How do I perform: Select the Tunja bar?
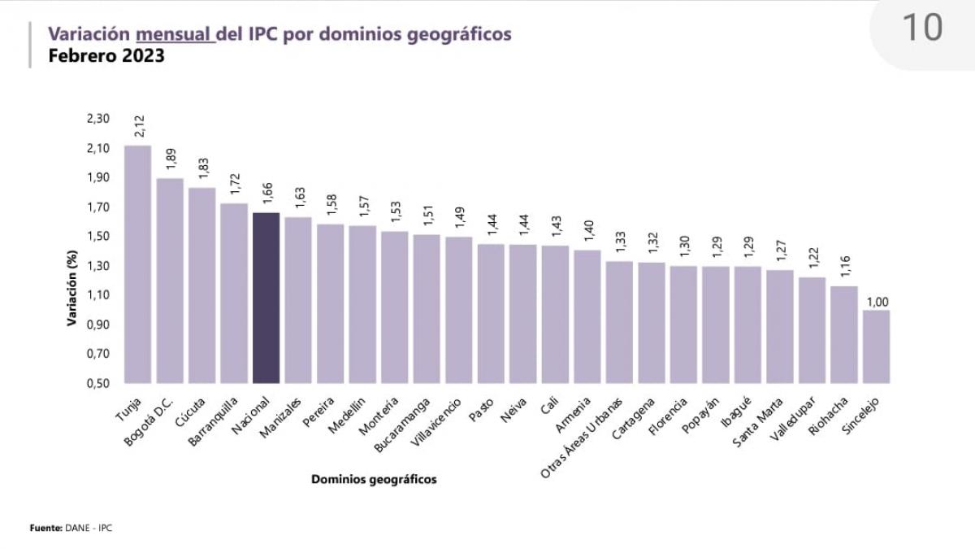click(x=137, y=264)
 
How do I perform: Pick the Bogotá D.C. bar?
click(x=170, y=281)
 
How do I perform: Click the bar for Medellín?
click(x=362, y=304)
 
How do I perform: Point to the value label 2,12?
click(x=139, y=126)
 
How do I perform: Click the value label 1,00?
click(x=877, y=303)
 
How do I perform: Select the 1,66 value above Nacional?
click(x=267, y=193)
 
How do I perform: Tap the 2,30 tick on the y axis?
click(x=97, y=119)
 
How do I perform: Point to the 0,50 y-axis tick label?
click(x=97, y=383)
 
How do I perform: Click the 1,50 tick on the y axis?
click(x=97, y=237)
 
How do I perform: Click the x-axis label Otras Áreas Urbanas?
click(x=582, y=437)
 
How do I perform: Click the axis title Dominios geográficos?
click(x=374, y=480)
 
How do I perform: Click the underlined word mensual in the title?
click(x=175, y=34)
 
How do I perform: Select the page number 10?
click(x=922, y=28)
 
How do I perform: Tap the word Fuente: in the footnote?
click(x=46, y=529)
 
